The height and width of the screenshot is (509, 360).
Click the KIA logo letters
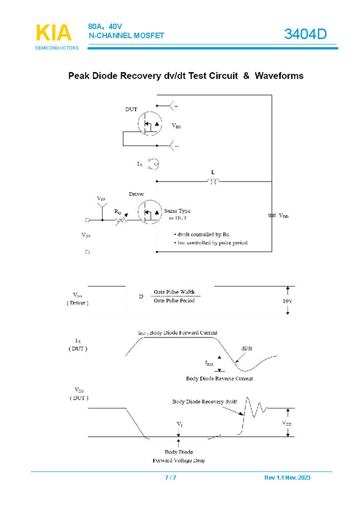tap(53, 33)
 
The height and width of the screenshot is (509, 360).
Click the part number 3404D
tap(305, 34)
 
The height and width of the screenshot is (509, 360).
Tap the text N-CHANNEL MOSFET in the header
tap(126, 36)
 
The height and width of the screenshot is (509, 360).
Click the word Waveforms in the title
tap(279, 75)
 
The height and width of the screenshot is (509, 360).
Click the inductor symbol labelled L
tap(212, 181)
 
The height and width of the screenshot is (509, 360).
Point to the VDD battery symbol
tap(272, 215)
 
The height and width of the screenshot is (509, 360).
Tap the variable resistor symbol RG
tap(121, 219)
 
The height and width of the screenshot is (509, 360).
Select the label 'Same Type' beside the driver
tap(178, 211)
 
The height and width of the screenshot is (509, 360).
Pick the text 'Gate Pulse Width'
tap(174, 292)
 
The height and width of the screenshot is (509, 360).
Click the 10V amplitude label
tap(287, 301)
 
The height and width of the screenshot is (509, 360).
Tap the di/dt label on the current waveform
tap(247, 349)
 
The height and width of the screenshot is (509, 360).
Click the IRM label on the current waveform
tap(209, 363)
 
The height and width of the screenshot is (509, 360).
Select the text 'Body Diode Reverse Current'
tap(219, 379)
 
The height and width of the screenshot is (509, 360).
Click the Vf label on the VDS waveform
tap(179, 424)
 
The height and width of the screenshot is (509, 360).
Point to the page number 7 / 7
tap(171, 478)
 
